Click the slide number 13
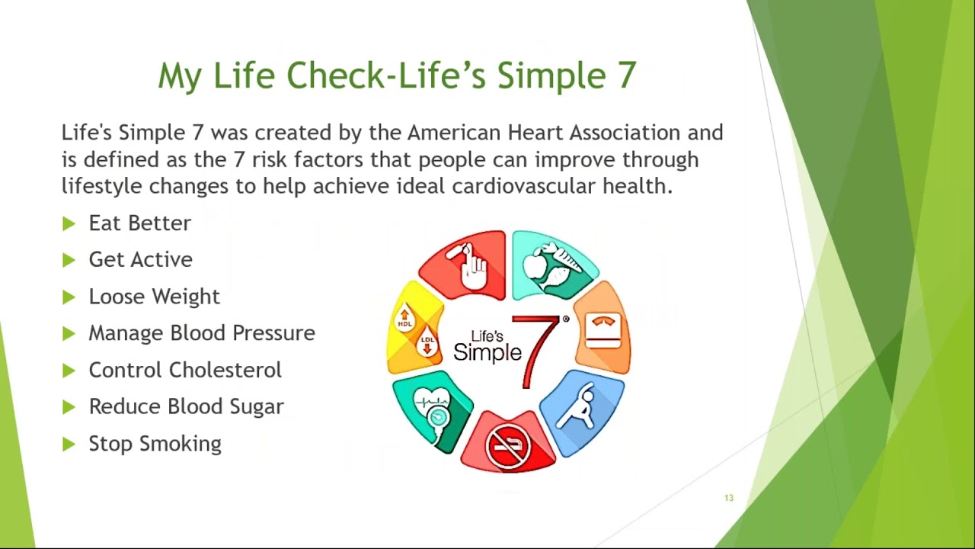(729, 498)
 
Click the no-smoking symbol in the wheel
(508, 446)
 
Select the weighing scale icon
(603, 330)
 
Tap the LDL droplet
(427, 342)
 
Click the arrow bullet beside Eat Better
(69, 223)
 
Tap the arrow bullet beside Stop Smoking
(69, 444)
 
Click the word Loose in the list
(115, 297)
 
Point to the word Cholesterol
(225, 370)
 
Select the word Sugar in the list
(257, 407)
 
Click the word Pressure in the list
(273, 333)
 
